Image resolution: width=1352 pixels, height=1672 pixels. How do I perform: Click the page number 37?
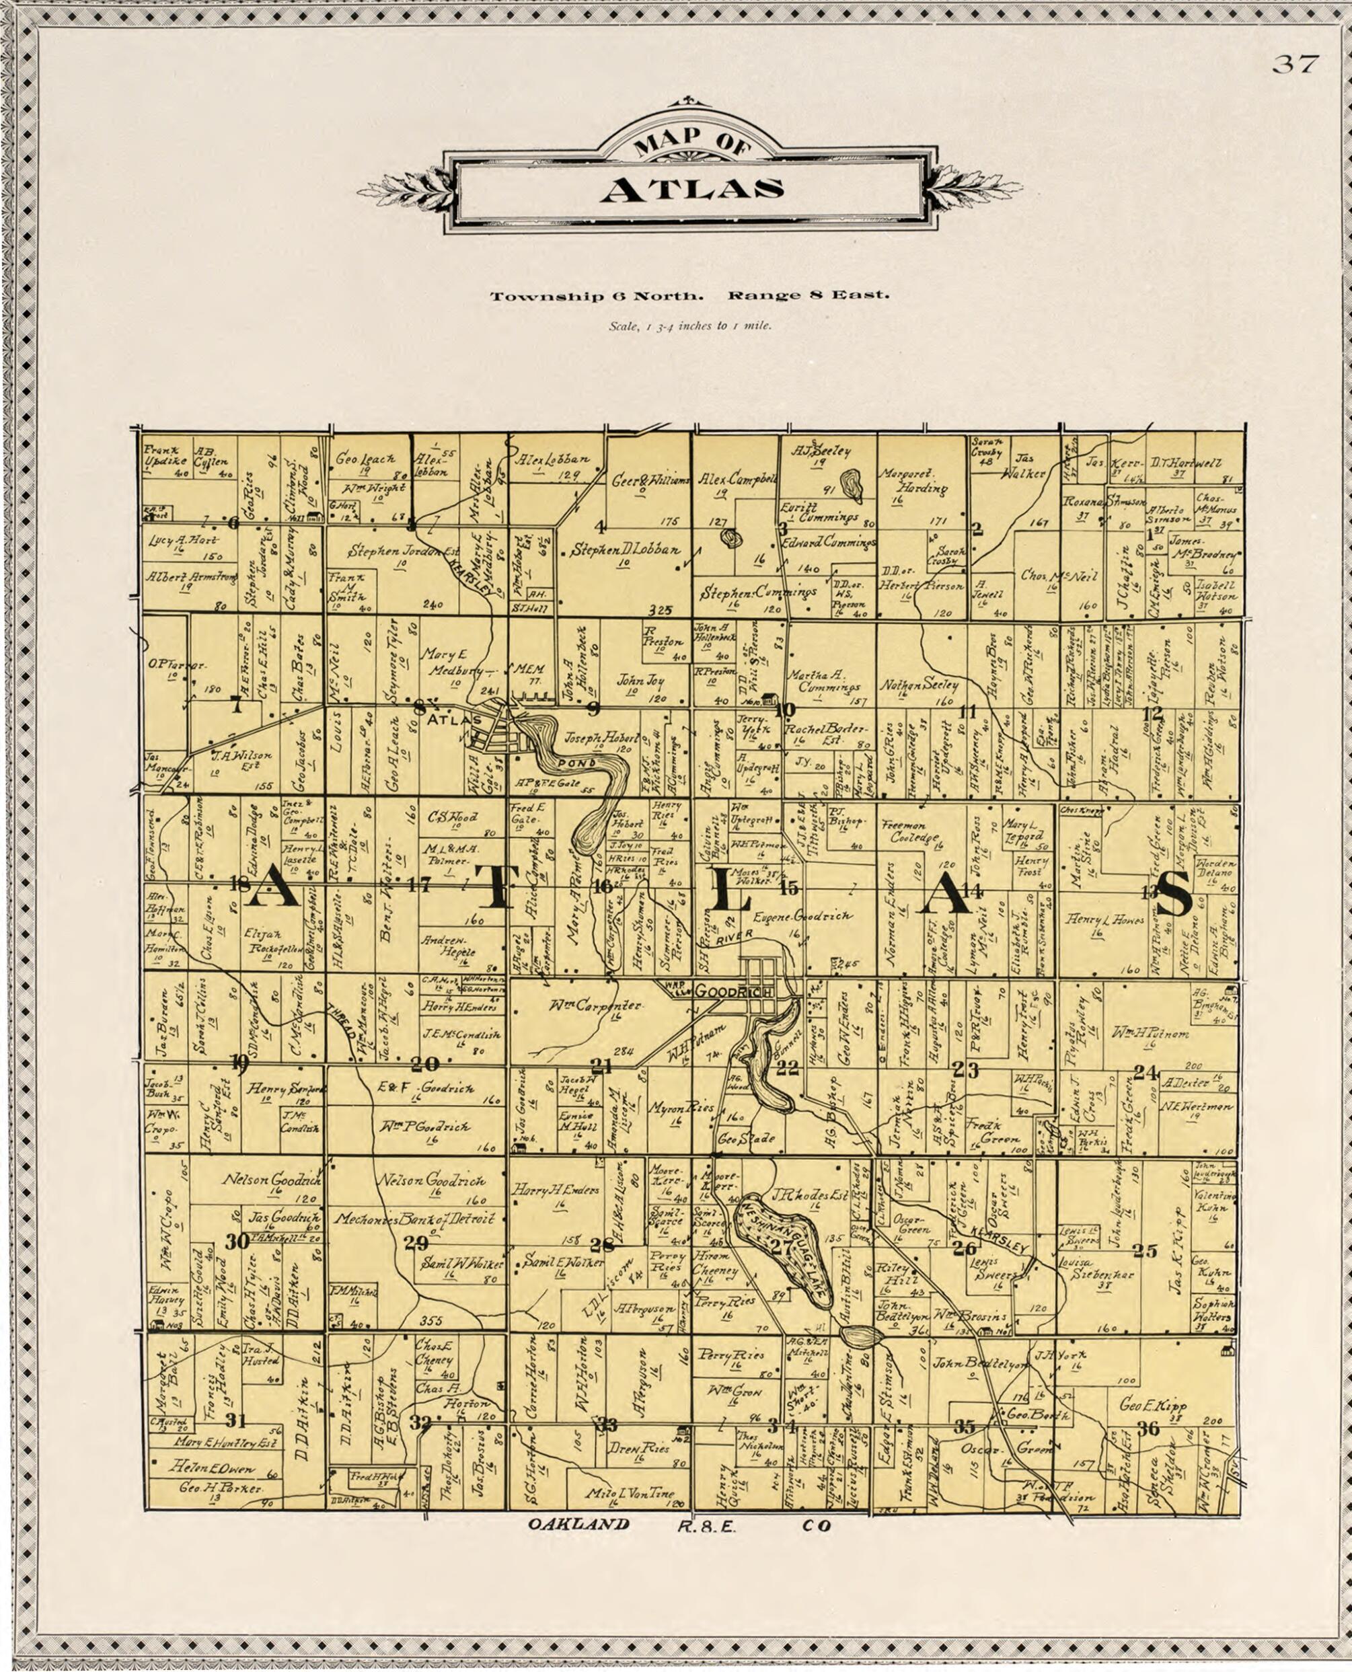click(x=1295, y=65)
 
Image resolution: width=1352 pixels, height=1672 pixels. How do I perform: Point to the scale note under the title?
click(x=690, y=326)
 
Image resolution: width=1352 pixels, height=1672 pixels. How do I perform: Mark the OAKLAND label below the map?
click(x=578, y=1525)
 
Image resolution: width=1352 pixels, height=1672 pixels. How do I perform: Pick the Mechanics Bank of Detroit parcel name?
click(x=414, y=1219)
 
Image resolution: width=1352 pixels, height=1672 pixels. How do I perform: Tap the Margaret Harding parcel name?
click(x=913, y=480)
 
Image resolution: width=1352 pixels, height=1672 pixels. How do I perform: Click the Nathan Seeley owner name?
click(x=919, y=685)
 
